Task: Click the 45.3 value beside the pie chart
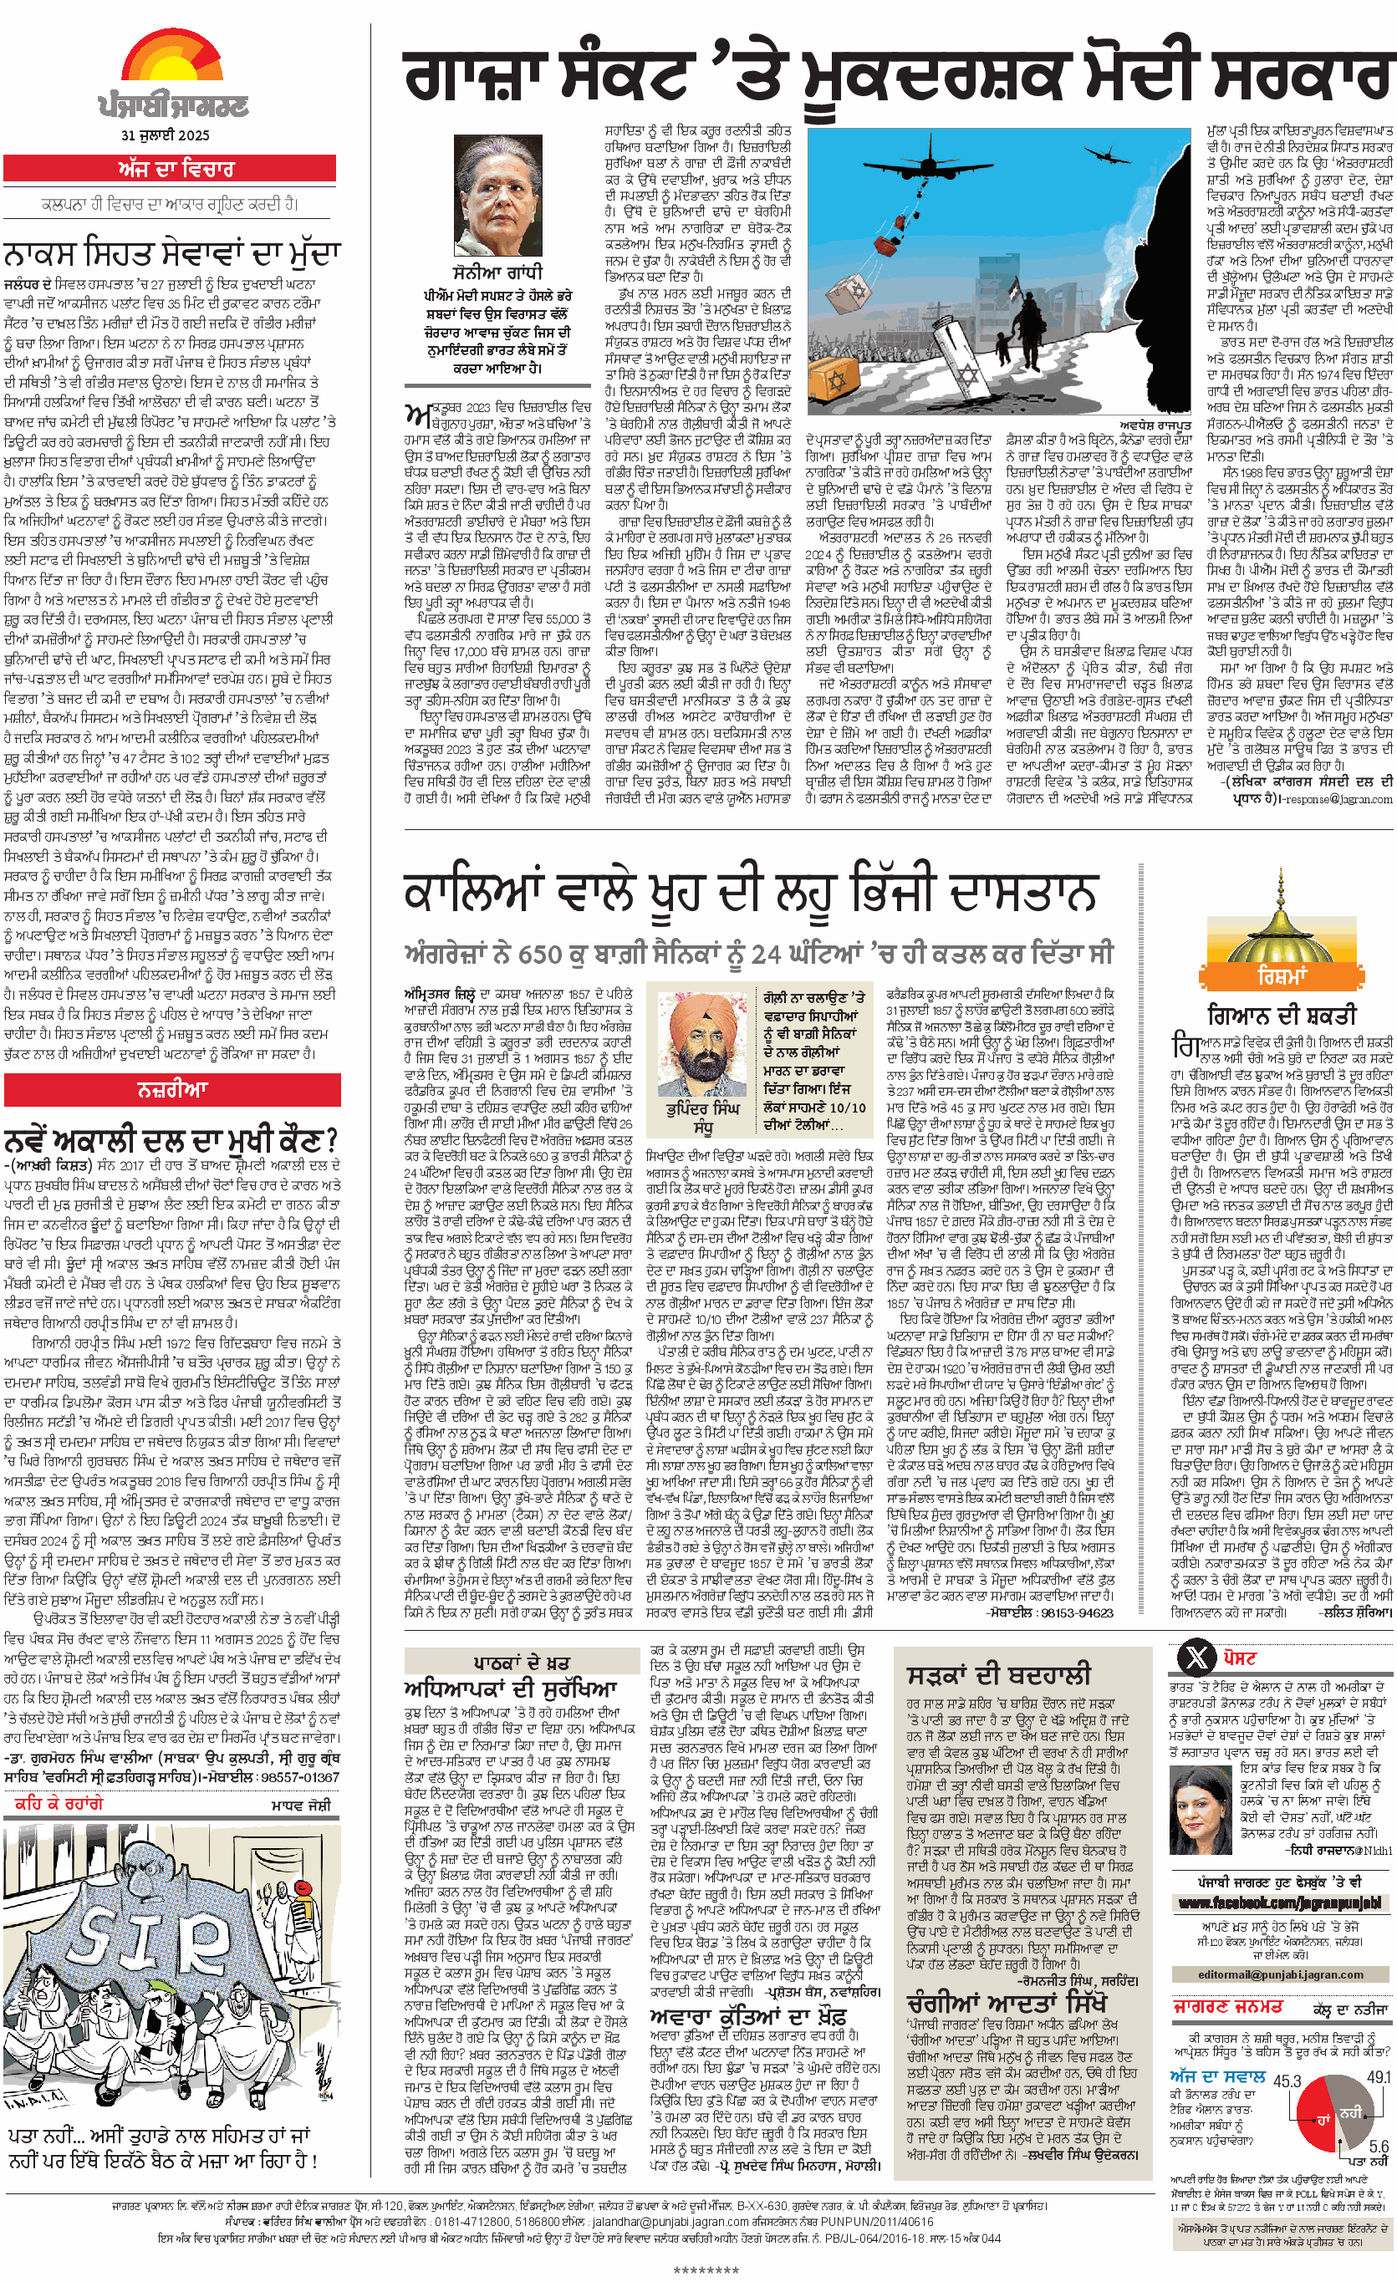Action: [1287, 2081]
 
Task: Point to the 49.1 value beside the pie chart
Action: [1378, 2076]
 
